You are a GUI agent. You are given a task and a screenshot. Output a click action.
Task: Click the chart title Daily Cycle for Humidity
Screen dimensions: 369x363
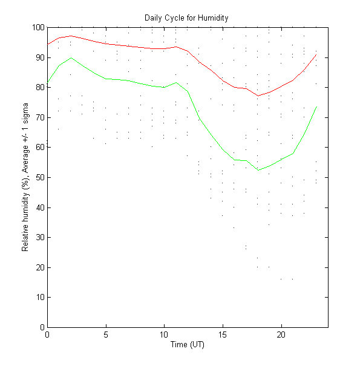[x=186, y=18]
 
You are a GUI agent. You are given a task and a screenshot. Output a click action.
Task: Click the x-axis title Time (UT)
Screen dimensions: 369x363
[x=187, y=344]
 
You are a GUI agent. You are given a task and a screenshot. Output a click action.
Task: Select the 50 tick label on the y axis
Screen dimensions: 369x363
[x=39, y=177]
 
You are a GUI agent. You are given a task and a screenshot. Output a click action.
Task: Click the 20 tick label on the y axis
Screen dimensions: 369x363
[x=39, y=267]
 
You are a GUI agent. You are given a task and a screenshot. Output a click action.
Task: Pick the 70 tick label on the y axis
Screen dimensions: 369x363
[x=39, y=117]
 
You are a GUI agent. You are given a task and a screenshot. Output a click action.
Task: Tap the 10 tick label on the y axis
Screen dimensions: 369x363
[x=39, y=298]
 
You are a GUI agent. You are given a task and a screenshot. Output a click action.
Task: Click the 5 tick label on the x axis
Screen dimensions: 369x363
[x=106, y=335]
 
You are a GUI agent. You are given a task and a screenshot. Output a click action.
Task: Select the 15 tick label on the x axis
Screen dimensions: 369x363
[x=223, y=335]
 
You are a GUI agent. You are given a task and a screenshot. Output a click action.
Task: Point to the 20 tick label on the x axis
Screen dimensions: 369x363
[x=281, y=335]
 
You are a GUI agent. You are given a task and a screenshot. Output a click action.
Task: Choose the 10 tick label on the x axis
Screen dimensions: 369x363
[x=164, y=335]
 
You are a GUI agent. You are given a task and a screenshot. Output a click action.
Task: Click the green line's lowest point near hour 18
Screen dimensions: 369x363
[x=258, y=170]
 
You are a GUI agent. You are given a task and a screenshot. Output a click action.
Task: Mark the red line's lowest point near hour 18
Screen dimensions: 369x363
[x=258, y=96]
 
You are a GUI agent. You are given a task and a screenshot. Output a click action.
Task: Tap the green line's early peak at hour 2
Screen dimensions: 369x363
[x=71, y=58]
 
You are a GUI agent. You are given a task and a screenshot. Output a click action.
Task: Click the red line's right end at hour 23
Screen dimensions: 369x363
[x=316, y=54]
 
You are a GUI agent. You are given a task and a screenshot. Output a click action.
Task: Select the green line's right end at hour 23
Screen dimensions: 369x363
[x=316, y=107]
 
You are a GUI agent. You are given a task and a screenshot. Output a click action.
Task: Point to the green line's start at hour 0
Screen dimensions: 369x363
[x=47, y=83]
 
